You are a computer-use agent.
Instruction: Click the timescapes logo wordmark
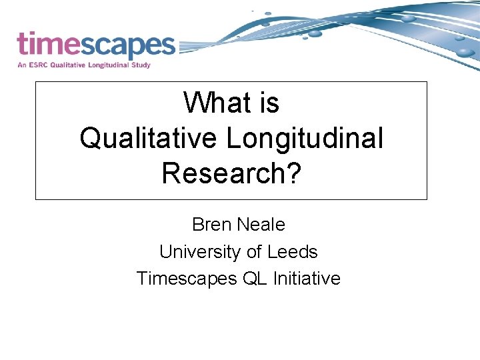tap(95, 45)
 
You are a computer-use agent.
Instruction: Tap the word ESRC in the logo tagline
tap(39, 65)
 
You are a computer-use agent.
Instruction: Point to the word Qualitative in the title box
tap(148, 138)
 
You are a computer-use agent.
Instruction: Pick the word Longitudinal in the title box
tap(305, 138)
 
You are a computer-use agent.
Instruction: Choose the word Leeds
tap(293, 252)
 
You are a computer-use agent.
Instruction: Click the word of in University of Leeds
tap(253, 252)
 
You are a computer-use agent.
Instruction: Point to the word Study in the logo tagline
tap(140, 65)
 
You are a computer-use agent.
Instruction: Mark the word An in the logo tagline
tap(22, 65)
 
